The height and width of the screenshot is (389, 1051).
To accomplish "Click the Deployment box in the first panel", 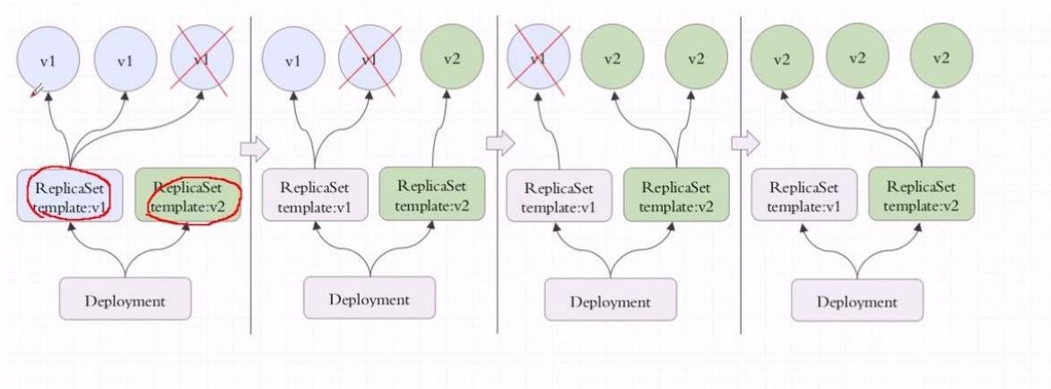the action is coord(126,299).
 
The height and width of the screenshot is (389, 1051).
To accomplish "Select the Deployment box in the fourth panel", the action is coord(856,300).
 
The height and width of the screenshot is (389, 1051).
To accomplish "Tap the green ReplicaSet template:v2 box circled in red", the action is coord(187,194).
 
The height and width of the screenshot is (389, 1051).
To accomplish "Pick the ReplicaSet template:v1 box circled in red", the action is coord(70,194).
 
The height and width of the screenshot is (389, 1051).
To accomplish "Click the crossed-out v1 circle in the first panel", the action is coord(202,59).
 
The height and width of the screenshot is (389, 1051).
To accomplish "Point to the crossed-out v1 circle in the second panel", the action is coord(369,59).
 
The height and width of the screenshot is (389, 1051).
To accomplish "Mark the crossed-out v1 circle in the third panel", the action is coord(538,58).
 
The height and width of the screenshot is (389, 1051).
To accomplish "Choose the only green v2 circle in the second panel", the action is coord(453,58).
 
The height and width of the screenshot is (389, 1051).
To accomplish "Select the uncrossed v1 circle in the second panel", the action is coord(293,59).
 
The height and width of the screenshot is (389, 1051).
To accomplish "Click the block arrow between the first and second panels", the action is coord(254,149).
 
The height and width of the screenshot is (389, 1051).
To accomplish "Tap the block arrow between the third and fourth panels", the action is coord(745,143).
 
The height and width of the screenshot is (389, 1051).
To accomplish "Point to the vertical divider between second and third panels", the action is coord(498,174).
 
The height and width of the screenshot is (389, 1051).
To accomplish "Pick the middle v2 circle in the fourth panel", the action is coord(857,58).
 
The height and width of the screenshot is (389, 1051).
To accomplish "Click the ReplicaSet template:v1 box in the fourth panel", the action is coord(804,194).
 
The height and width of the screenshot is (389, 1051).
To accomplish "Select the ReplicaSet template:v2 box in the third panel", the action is coord(676,194).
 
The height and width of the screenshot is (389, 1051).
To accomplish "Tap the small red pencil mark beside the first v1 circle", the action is coord(37,90).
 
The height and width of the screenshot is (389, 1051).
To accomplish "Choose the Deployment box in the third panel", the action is coord(611,300).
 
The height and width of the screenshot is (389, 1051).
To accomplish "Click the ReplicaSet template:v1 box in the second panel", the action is coord(315,194).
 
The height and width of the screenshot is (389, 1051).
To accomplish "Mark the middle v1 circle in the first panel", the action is coord(126,59).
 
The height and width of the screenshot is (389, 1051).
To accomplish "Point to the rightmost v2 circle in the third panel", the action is coord(697,58).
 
